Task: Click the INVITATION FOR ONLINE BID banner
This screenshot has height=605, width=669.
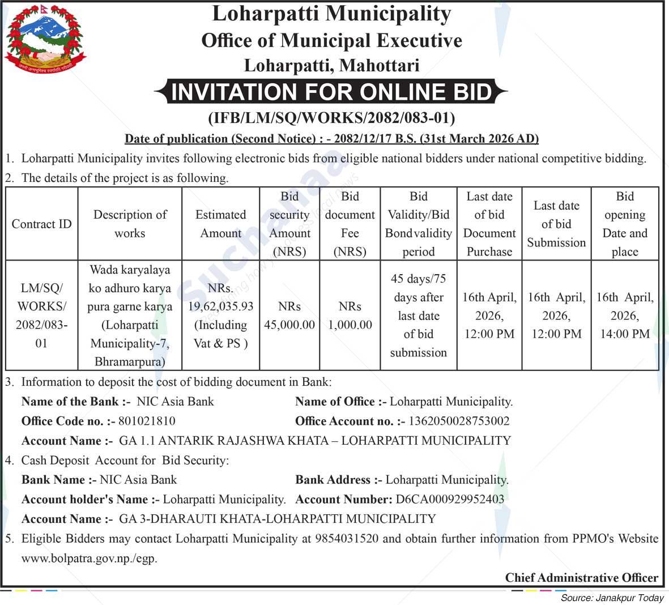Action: [331, 92]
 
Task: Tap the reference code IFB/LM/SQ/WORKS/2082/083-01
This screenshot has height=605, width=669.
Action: [331, 118]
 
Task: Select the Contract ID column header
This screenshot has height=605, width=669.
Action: [41, 224]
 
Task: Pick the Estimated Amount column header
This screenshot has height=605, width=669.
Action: [220, 224]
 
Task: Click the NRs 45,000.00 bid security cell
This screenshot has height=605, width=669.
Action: [289, 316]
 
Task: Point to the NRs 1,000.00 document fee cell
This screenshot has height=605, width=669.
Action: [350, 316]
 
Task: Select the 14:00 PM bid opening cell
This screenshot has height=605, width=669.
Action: [624, 316]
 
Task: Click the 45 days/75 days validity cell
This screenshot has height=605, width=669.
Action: [418, 316]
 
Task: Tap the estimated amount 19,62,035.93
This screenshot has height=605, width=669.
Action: [221, 306]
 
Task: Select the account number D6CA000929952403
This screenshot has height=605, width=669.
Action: [450, 499]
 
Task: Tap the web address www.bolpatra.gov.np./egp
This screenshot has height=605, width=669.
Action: [90, 558]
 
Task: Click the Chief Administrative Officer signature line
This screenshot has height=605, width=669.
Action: [581, 578]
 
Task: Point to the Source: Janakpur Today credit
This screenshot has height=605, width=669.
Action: [612, 598]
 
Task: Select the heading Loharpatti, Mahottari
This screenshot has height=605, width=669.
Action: [331, 66]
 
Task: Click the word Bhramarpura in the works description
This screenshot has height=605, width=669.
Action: [130, 361]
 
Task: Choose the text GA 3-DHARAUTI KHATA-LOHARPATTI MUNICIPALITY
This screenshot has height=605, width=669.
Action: [277, 519]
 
